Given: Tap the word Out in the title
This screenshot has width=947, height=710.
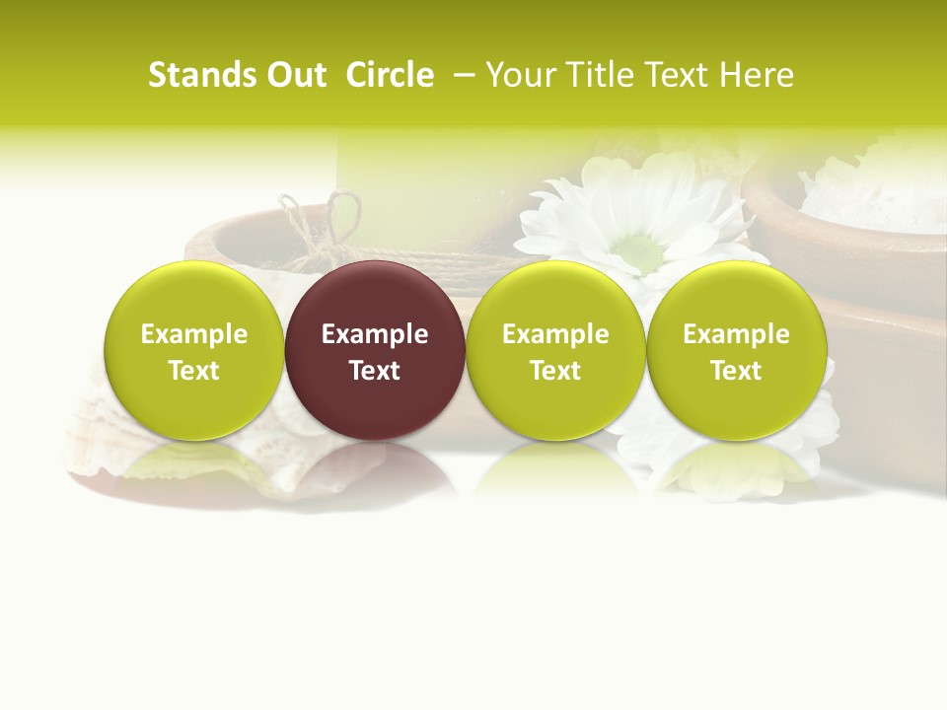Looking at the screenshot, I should tap(293, 75).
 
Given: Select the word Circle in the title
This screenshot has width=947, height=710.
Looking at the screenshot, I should tap(390, 75).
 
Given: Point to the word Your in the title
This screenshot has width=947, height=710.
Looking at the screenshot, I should tap(520, 75).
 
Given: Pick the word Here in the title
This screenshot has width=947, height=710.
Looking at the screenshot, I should tap(758, 75).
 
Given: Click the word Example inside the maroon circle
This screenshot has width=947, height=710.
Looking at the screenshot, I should tap(375, 334).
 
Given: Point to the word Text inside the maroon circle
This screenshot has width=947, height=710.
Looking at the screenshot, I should tap(375, 371).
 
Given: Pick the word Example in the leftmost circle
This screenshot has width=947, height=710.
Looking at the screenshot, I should tap(193, 334).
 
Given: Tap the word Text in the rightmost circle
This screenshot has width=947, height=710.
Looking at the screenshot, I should tap(736, 371).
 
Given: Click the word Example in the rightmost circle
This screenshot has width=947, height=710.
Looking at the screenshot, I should tap(736, 334).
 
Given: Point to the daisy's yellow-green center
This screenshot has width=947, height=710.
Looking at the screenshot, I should tap(642, 252).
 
